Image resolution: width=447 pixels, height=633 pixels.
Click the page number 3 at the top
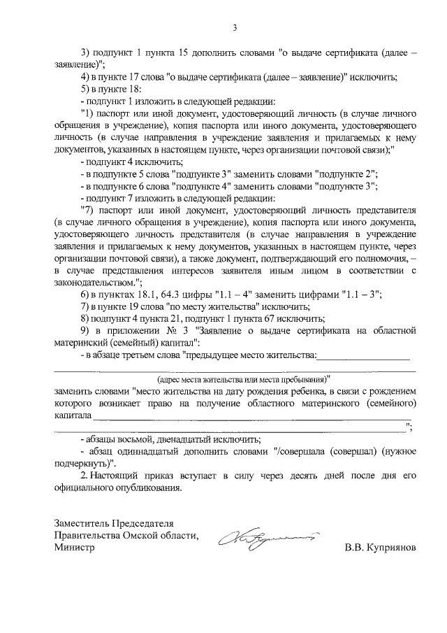235,27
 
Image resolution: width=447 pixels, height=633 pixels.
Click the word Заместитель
84,523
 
